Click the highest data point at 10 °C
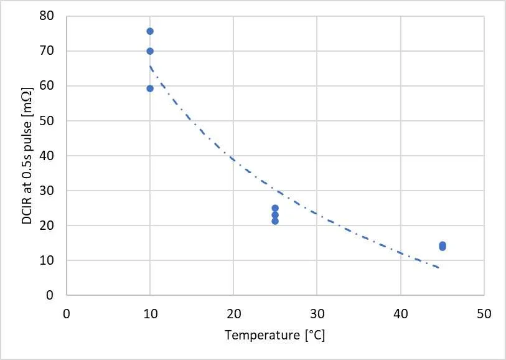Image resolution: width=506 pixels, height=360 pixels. (150, 31)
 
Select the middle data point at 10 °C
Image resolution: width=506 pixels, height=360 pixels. (150, 51)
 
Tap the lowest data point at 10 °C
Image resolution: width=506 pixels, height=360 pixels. (150, 88)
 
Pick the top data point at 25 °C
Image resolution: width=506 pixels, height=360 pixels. (275, 208)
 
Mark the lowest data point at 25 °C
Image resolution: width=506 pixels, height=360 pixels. (275, 221)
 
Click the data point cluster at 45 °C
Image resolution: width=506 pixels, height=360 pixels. (443, 246)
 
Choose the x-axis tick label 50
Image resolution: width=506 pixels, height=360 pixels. (484, 314)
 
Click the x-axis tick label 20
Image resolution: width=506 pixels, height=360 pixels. (233, 314)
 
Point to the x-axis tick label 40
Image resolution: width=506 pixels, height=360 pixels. (401, 314)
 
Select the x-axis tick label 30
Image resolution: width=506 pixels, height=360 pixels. (317, 314)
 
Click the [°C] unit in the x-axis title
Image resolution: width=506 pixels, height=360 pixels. (315, 336)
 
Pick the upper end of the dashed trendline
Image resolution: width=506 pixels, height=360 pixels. (150, 66)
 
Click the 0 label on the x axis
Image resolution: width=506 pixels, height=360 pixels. (67, 314)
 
